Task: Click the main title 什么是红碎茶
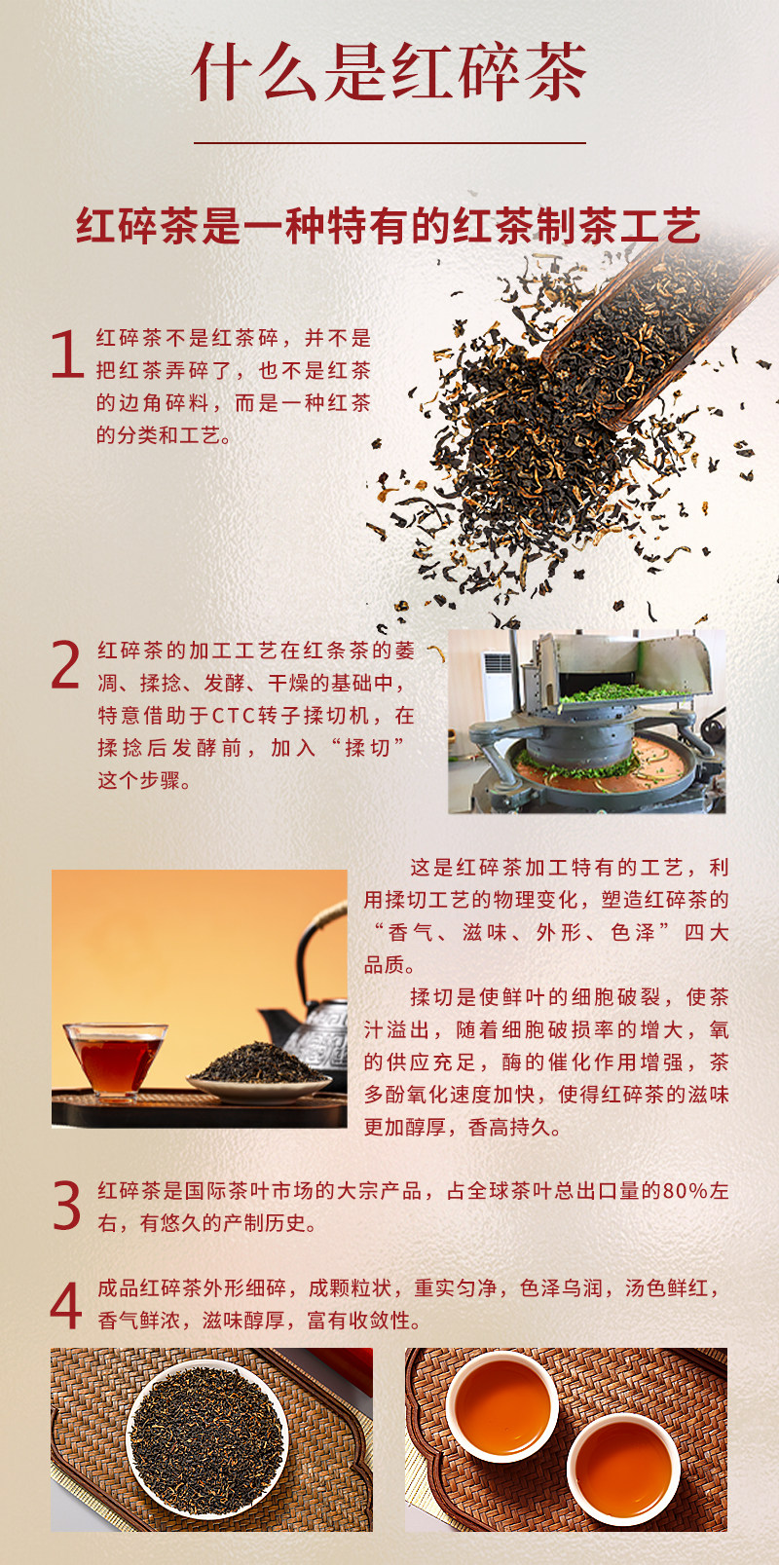point(389,73)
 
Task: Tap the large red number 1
point(68,354)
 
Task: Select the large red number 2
point(65,665)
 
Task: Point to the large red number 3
point(67,1205)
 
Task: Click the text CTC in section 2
point(230,716)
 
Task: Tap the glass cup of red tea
point(115,1062)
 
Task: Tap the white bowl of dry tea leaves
point(206,1439)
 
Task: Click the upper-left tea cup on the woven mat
point(501,1405)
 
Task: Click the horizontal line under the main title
point(389,143)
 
